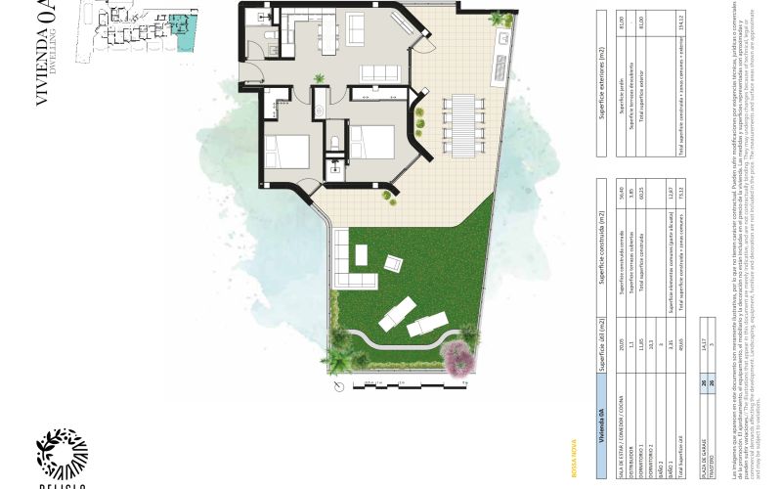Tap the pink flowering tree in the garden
point(456,359)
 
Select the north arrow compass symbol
point(338,385)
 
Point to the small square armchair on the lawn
point(394,263)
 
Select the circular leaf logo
point(62,453)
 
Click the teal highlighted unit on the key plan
point(181,25)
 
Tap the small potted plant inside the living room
point(319,78)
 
